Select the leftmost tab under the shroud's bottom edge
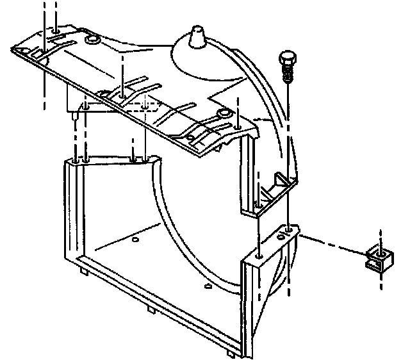tap(84, 273)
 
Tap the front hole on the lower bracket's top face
tap(258, 254)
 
